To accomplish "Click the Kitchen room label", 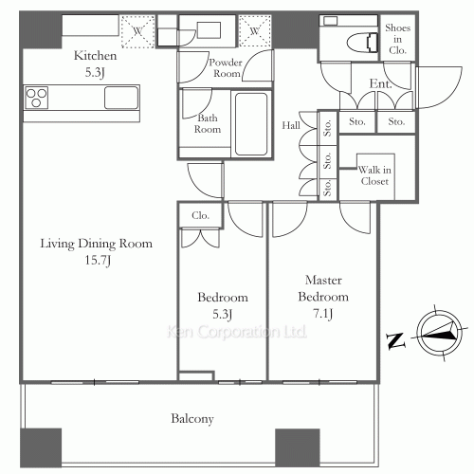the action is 95,56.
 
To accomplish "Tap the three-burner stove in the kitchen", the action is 37,98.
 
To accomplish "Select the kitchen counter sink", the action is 121,98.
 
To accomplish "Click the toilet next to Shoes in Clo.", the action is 362,42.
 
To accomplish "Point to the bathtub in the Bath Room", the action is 251,124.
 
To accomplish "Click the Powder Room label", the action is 226,67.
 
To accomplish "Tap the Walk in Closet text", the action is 374,175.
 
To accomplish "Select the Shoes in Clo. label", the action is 397,39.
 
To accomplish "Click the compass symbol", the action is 438,334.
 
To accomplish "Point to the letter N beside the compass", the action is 395,341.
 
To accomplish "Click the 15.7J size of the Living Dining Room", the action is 98,261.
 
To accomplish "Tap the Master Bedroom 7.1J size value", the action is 322,314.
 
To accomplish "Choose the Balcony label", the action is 192,419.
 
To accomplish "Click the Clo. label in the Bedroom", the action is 200,215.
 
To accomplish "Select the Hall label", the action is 291,125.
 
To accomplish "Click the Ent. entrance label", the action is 380,83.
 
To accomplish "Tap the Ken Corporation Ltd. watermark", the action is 236,332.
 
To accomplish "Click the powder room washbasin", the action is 209,30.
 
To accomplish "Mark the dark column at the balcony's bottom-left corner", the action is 41,447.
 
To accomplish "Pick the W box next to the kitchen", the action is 137,31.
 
